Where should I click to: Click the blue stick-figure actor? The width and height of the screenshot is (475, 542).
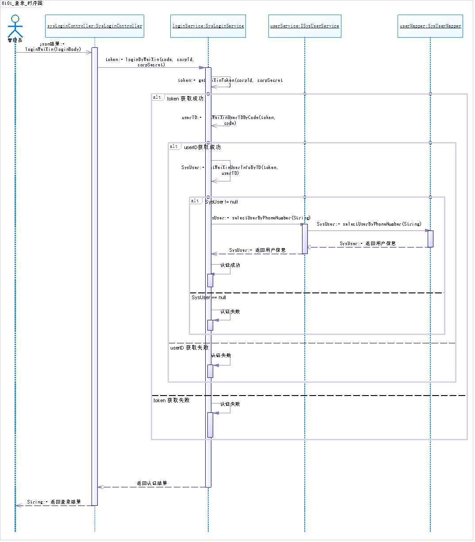(x=15, y=27)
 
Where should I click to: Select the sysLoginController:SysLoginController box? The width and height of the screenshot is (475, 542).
(x=95, y=26)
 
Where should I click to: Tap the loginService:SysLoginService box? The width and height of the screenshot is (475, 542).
(x=208, y=26)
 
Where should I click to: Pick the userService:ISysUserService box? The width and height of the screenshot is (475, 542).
(x=305, y=26)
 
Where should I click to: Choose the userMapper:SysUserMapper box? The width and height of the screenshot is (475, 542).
(x=430, y=26)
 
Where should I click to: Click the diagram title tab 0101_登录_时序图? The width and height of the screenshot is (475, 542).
(x=22, y=4)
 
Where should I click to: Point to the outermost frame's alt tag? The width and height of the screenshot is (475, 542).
(x=157, y=97)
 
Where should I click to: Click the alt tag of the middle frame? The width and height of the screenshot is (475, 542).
(x=174, y=146)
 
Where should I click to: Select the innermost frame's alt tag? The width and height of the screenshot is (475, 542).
(x=195, y=201)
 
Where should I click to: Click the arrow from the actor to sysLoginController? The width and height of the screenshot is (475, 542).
(x=53, y=53)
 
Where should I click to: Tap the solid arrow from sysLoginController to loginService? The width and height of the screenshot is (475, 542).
(x=150, y=68)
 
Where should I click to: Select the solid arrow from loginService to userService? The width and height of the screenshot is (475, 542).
(x=257, y=224)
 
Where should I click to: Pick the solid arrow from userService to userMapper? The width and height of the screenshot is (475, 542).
(x=367, y=231)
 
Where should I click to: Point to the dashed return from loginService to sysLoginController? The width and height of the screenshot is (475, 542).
(x=150, y=487)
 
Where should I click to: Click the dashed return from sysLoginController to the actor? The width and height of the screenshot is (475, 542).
(x=53, y=505)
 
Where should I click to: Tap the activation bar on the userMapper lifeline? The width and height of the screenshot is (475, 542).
(x=430, y=239)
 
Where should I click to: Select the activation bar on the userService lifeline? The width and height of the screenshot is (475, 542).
(x=305, y=239)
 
